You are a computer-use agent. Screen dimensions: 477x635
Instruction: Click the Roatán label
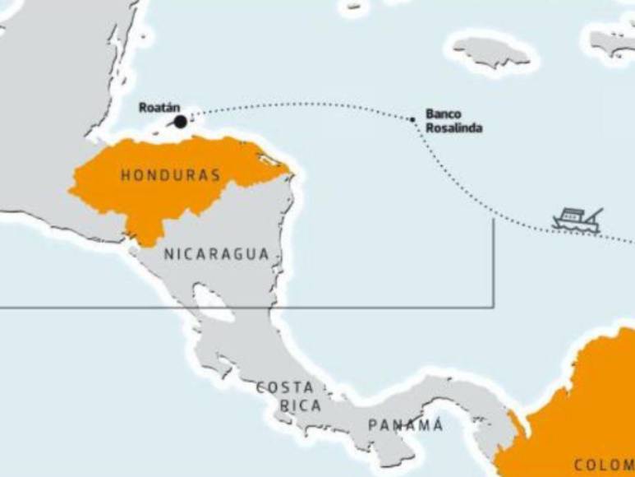(159, 108)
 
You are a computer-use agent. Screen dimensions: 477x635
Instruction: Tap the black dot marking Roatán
(181, 122)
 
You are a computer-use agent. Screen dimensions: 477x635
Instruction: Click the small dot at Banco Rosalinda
(413, 119)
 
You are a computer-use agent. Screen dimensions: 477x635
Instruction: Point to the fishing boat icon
(577, 220)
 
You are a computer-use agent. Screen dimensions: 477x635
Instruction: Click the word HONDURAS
(170, 175)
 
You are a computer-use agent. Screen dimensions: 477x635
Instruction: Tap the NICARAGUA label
(217, 254)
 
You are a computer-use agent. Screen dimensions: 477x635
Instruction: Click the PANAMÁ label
(405, 425)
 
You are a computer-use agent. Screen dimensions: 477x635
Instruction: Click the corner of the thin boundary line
(494, 307)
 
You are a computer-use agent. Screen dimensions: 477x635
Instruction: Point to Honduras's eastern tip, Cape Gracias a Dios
(289, 172)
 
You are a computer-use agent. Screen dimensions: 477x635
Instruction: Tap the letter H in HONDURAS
(126, 175)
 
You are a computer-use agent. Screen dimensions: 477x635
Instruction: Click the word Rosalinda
(454, 128)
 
